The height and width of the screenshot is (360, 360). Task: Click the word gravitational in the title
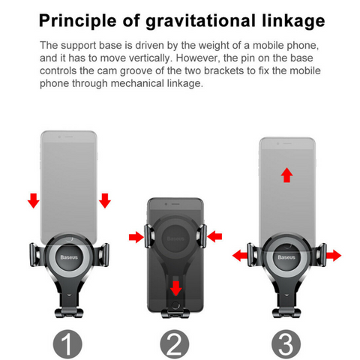(201, 22)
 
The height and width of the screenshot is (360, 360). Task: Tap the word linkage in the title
(293, 21)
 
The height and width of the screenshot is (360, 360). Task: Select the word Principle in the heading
(78, 22)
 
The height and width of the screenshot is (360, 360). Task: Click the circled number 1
(67, 345)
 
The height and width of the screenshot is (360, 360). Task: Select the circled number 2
(175, 345)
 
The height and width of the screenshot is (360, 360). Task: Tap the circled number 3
(286, 345)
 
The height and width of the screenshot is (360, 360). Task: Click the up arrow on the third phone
(286, 175)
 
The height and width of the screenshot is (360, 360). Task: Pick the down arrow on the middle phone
(176, 288)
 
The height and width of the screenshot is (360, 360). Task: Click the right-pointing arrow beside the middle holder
(136, 237)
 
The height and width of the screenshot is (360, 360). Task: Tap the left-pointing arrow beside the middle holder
(214, 236)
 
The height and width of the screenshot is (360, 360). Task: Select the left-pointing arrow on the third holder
(240, 256)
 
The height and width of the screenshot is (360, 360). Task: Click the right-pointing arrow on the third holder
(334, 256)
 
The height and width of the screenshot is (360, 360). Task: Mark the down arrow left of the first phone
(34, 200)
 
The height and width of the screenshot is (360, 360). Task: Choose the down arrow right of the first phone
(105, 200)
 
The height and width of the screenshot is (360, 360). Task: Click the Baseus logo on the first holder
(69, 257)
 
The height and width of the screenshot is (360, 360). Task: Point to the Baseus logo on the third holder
(286, 257)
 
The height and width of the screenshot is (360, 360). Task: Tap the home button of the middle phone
(175, 305)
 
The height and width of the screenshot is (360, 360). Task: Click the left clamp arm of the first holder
(36, 255)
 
